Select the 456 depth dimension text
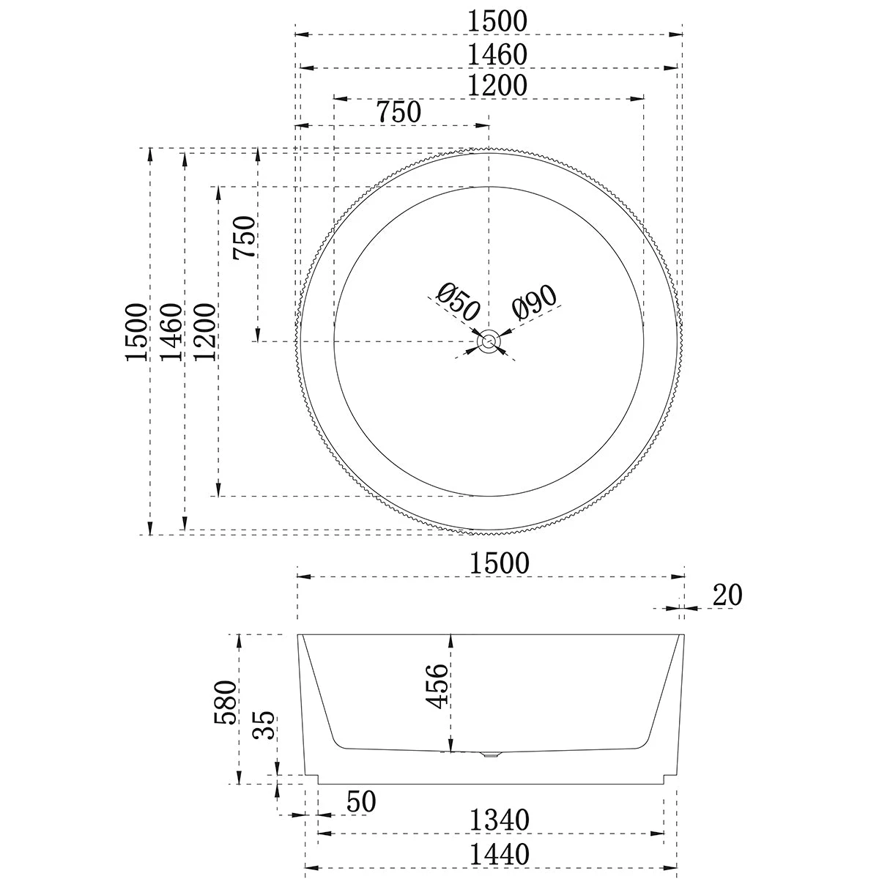click(x=437, y=686)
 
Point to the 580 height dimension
click(x=226, y=702)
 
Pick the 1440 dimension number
click(x=498, y=854)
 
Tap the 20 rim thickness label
click(x=727, y=596)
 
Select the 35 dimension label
click(x=265, y=726)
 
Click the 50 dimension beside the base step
click(x=360, y=802)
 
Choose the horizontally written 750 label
click(x=398, y=113)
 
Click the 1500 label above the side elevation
click(x=498, y=563)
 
